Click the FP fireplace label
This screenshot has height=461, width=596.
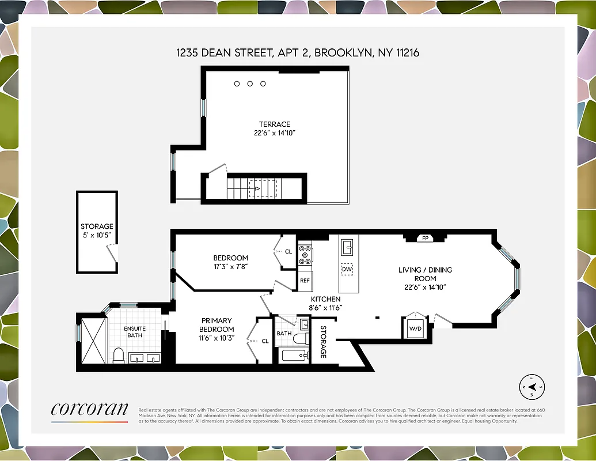point(426,238)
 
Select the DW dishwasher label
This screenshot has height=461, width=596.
point(347,269)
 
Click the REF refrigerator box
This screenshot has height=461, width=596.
point(305,281)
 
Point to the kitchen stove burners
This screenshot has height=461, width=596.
point(305,254)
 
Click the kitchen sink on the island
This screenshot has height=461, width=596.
point(347,248)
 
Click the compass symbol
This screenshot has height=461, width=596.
point(532,387)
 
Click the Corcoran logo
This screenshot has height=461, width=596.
point(89,410)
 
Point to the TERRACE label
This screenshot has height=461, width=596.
point(274,124)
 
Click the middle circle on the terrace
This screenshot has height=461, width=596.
point(250,84)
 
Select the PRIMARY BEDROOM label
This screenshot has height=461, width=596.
point(217,325)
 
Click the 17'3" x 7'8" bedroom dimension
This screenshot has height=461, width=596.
point(230,266)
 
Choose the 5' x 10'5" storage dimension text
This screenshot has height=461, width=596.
point(97,236)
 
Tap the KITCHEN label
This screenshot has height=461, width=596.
point(326,299)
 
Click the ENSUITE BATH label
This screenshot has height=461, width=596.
point(135,332)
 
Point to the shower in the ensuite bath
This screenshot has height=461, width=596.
point(93,340)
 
